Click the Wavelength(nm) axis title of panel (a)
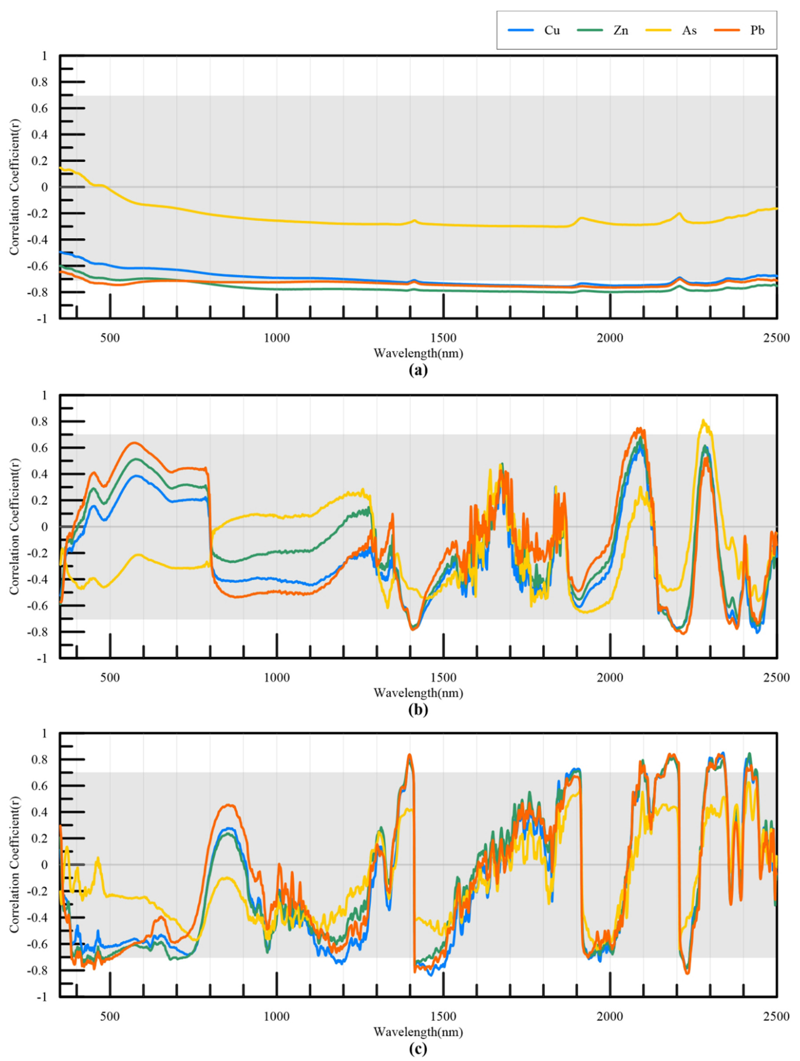(417, 353)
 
